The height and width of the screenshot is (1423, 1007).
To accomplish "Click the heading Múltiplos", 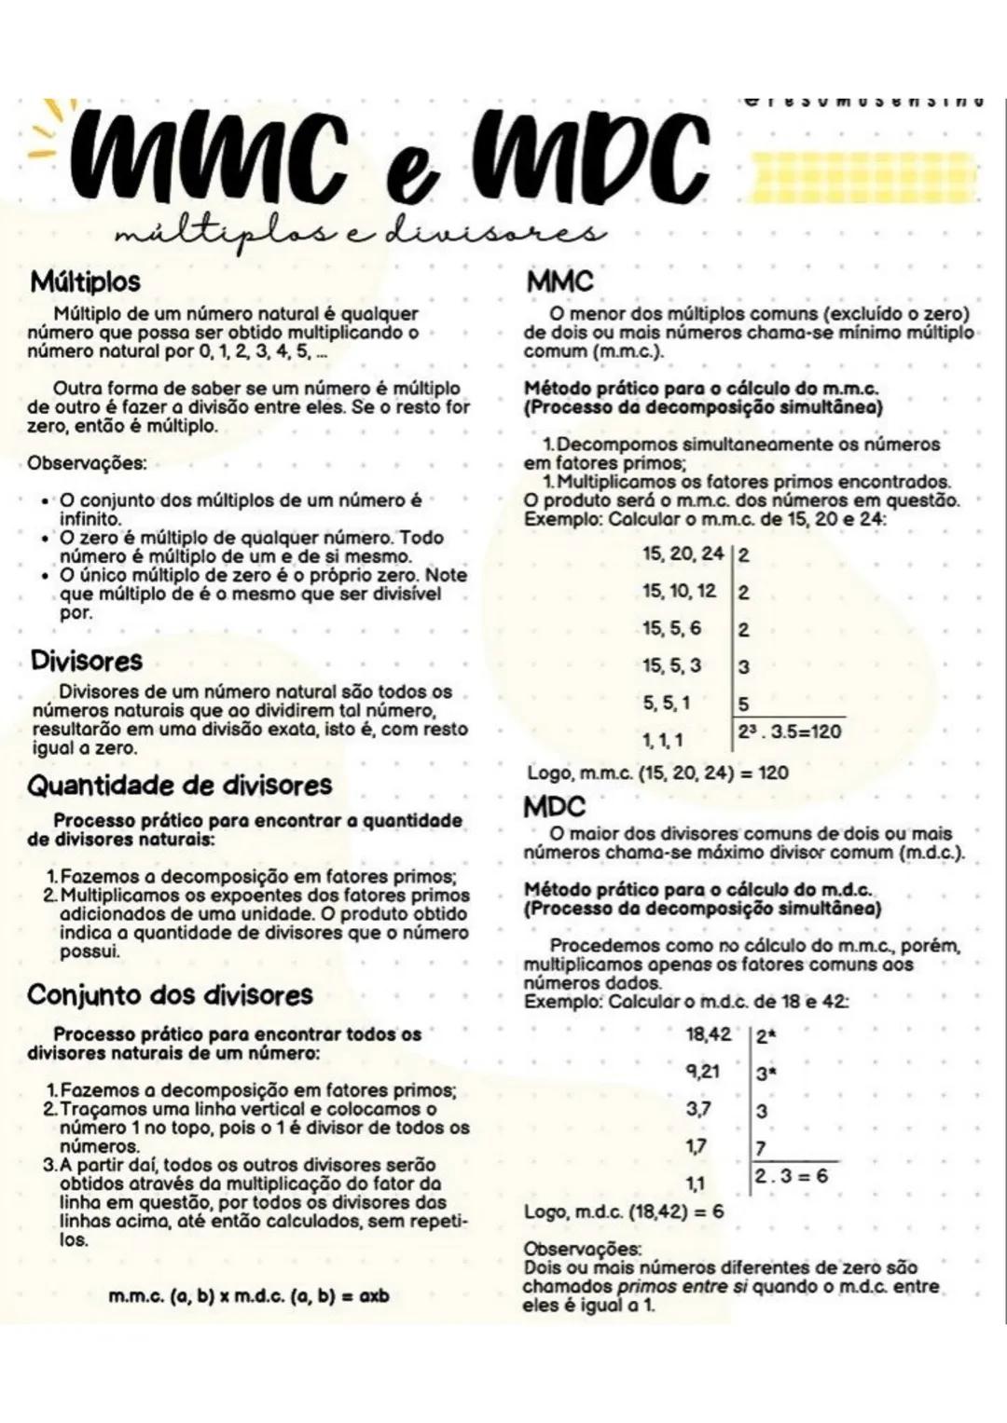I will click(x=85, y=281).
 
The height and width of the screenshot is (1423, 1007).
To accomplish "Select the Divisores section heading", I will click(x=87, y=662).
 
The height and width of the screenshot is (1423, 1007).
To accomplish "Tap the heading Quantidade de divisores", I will click(x=180, y=786).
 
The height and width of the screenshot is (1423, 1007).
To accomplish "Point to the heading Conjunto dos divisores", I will click(x=171, y=995).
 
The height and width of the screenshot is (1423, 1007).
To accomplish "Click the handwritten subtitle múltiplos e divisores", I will click(x=359, y=229).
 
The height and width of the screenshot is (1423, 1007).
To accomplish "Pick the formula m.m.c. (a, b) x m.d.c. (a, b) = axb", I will click(x=248, y=1296).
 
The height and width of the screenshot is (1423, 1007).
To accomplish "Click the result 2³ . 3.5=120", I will click(x=789, y=732).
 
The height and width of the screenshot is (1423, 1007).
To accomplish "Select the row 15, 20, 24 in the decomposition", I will click(x=683, y=554).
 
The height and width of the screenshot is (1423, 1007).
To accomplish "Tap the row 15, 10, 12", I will click(x=679, y=591).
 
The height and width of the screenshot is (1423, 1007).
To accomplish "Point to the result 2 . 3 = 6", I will click(x=791, y=1176).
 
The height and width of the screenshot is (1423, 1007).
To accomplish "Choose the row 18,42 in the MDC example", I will click(x=708, y=1034).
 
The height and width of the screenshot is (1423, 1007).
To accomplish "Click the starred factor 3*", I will click(x=766, y=1074).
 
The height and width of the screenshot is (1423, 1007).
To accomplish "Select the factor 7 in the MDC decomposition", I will click(x=761, y=1147).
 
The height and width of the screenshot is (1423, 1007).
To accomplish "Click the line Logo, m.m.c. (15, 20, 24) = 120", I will click(x=657, y=773).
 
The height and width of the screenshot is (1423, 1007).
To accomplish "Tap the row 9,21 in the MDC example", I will click(x=703, y=1072).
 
